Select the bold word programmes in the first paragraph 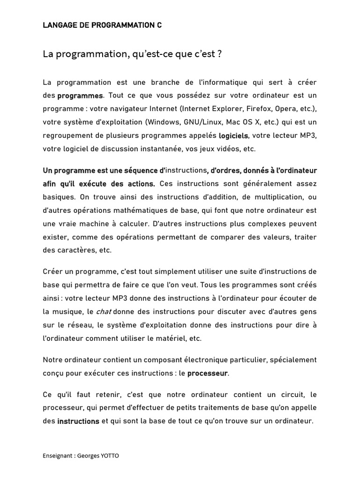pyautogui.click(x=80, y=96)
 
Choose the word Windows pyautogui.click(x=163, y=122)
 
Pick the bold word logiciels pyautogui.click(x=234, y=136)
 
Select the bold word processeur pyautogui.click(x=207, y=374)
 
